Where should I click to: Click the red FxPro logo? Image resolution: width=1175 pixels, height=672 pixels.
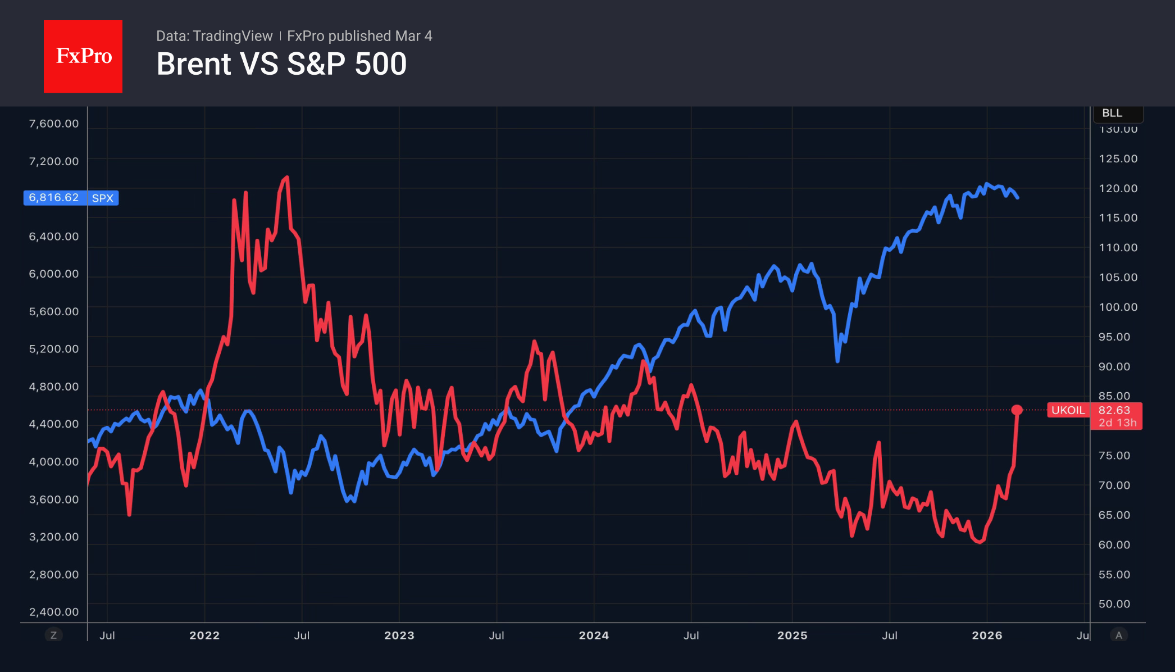(83, 56)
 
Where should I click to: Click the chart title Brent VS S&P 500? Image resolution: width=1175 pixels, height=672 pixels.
(281, 64)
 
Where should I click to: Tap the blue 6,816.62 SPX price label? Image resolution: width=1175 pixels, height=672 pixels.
(71, 198)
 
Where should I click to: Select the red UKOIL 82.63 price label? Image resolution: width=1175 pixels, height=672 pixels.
(1094, 416)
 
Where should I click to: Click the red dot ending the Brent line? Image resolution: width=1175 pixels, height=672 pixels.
(1017, 410)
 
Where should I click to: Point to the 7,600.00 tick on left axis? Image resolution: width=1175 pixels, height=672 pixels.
(54, 124)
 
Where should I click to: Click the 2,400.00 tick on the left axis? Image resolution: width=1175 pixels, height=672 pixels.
(54, 612)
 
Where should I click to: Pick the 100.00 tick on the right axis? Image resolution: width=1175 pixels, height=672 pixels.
(1118, 307)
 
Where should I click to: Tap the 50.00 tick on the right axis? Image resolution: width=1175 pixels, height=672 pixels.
(1114, 604)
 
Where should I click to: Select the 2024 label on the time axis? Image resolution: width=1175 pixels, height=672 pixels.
(594, 635)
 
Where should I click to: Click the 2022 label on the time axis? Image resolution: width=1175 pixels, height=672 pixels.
(204, 635)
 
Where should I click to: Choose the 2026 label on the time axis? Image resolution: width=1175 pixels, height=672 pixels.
(987, 635)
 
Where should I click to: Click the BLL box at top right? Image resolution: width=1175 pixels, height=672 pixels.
(1117, 113)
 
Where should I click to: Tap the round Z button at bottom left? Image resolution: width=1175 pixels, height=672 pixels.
(54, 635)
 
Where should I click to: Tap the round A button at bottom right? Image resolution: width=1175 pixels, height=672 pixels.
(1119, 635)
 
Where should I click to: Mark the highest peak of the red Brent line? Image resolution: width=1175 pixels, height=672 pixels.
(287, 178)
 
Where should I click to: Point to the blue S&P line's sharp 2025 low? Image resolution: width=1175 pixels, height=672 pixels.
(837, 361)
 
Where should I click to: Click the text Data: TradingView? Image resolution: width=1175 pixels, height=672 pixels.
(214, 36)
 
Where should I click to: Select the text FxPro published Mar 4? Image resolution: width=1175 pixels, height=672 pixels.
(359, 36)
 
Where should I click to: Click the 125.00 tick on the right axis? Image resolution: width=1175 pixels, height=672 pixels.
(1118, 158)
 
